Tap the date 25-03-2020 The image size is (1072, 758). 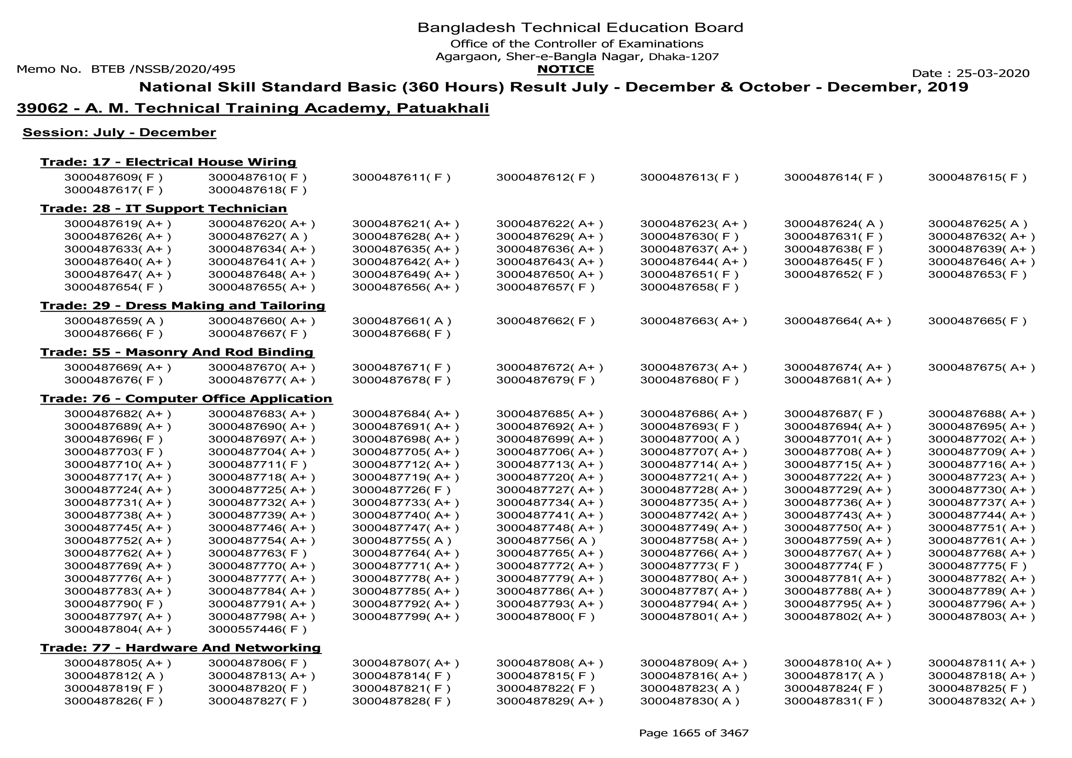[993, 73]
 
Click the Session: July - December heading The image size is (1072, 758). [119, 133]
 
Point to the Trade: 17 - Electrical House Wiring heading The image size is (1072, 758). [168, 162]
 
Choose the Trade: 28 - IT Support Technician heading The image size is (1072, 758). [163, 208]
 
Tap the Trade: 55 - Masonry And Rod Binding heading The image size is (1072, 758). [177, 352]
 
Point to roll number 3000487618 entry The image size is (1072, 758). [257, 190]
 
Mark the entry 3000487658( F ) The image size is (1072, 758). [689, 287]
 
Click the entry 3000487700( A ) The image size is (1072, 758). [689, 440]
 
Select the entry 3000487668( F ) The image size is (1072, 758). [401, 334]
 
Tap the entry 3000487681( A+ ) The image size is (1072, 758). [837, 380]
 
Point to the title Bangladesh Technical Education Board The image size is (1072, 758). [580, 28]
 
